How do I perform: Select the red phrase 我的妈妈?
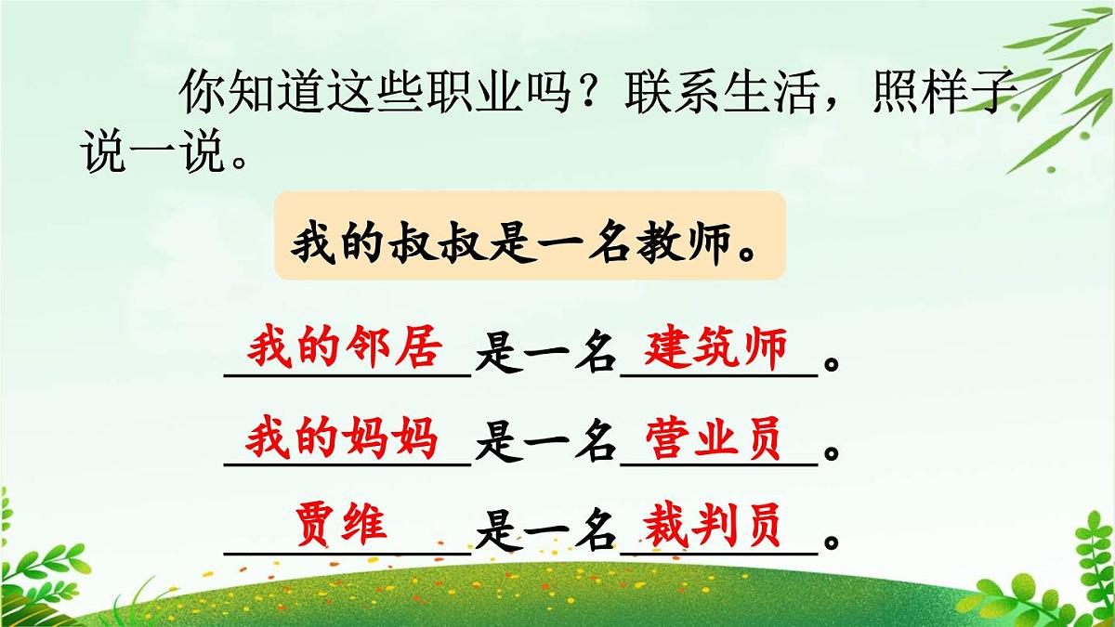pos(341,438)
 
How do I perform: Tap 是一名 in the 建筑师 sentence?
pos(544,358)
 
